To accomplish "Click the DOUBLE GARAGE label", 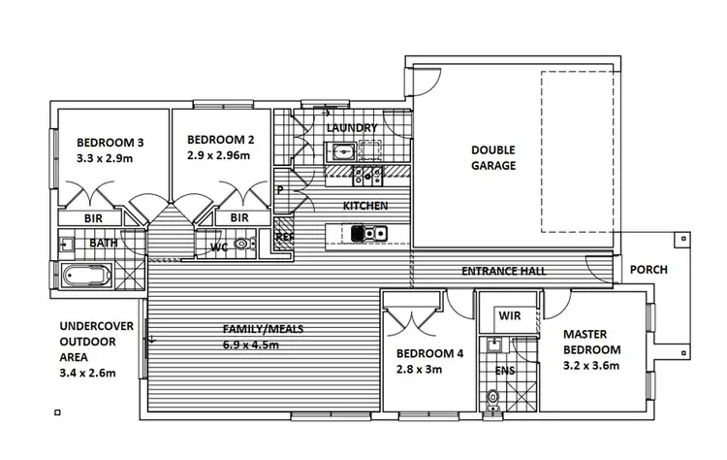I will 493,158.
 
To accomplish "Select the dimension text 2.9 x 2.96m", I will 218,155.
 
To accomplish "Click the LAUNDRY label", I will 351,128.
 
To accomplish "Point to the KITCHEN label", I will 365,206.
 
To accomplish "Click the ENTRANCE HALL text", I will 503,271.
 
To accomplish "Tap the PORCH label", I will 648,270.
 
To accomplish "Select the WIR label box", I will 510,315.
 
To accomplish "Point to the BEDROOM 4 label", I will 430,354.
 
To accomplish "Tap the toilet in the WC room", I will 242,245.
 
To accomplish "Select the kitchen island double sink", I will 370,233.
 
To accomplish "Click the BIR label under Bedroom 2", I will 240,218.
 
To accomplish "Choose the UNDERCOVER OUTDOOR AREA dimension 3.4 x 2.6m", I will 87,371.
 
